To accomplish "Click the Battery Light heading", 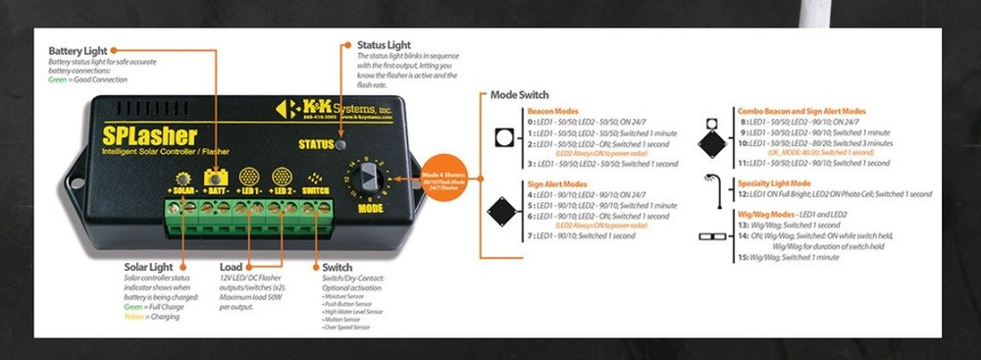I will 79,49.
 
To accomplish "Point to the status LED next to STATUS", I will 339,144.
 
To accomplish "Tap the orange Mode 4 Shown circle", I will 437,182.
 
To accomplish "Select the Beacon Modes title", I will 552,111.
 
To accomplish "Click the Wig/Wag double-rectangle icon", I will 711,236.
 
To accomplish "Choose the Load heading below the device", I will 232,266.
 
